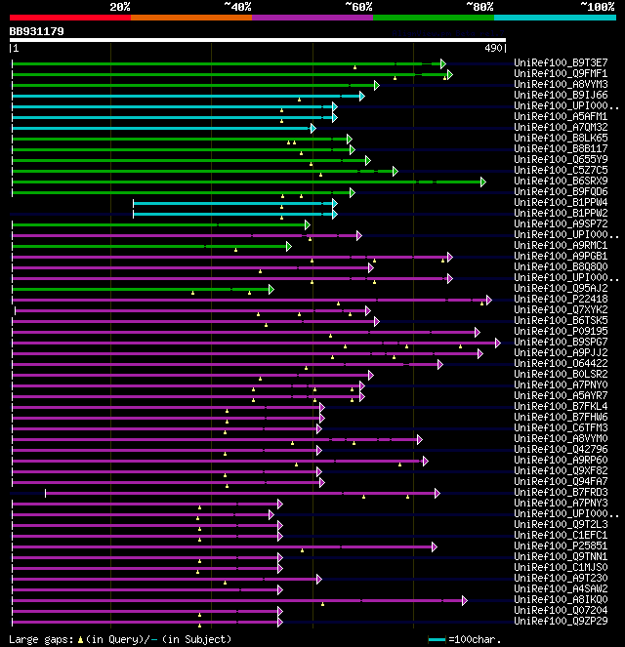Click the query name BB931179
point(37,31)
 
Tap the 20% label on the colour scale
point(120,7)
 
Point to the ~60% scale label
point(358,7)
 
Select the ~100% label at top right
point(597,7)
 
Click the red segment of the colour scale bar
point(69,18)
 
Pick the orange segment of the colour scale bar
point(190,18)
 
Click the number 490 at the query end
point(493,48)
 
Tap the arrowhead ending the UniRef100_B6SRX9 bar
point(482,182)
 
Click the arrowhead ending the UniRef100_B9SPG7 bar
point(498,343)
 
